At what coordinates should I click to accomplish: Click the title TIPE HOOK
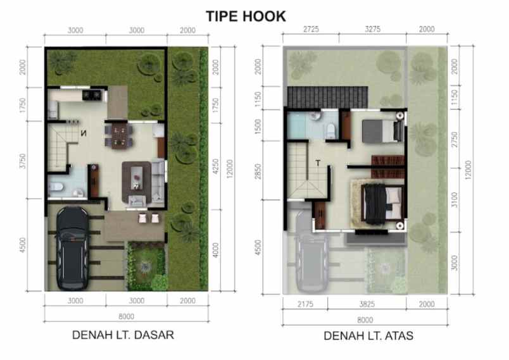click(246, 16)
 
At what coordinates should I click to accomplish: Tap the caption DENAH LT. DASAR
click(123, 335)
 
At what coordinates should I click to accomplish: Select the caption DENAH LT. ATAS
click(368, 336)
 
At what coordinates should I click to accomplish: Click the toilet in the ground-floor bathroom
click(56, 187)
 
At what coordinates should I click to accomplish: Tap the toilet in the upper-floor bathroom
click(330, 130)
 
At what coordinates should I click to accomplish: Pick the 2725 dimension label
click(311, 29)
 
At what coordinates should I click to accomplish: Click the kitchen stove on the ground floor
click(92, 96)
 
